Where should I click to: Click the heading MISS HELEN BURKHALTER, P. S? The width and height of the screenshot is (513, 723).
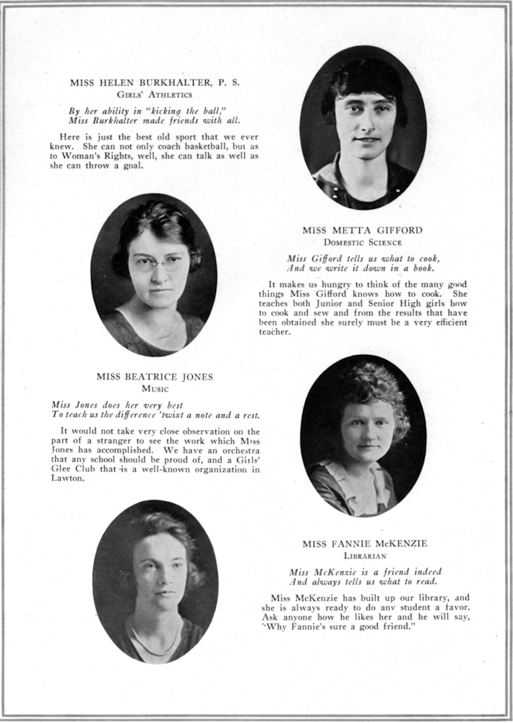pyautogui.click(x=155, y=82)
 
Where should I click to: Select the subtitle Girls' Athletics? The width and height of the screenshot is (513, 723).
pyautogui.click(x=155, y=94)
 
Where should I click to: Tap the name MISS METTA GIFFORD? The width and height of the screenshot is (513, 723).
pyautogui.click(x=362, y=231)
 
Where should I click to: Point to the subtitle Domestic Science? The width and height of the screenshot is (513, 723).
pyautogui.click(x=362, y=242)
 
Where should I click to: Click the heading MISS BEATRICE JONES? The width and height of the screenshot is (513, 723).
pyautogui.click(x=155, y=377)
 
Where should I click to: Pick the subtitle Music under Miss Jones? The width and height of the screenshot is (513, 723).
pyautogui.click(x=155, y=388)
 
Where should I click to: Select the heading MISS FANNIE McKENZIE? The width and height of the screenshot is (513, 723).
pyautogui.click(x=364, y=544)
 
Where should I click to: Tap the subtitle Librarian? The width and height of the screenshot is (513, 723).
pyautogui.click(x=364, y=556)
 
